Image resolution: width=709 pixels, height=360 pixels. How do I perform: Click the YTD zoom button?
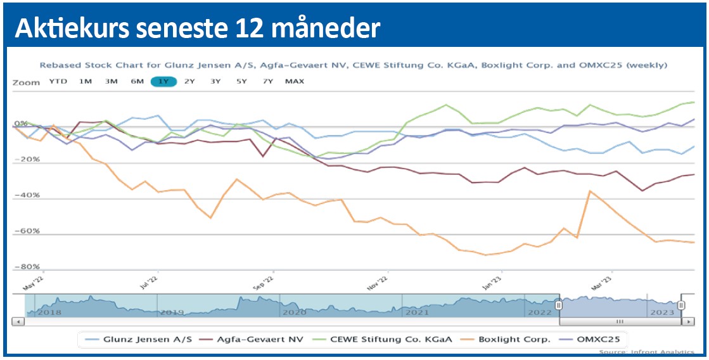tap(58, 81)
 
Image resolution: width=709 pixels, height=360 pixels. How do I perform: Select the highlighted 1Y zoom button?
tap(163, 81)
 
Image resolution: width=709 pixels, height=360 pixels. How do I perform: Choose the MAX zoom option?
tap(294, 81)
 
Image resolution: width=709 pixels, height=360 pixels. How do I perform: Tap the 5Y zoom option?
tap(241, 81)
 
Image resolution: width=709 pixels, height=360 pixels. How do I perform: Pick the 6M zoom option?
tap(137, 81)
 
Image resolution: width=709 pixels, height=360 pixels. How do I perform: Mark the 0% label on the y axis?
tap(22, 124)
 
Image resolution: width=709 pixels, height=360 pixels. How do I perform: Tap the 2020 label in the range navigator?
tap(295, 312)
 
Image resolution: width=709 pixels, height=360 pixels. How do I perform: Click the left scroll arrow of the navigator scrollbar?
tap(18, 321)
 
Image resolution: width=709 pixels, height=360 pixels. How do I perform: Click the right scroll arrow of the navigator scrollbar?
tap(689, 321)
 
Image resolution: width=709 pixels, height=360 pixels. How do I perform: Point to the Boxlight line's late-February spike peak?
tap(590, 191)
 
